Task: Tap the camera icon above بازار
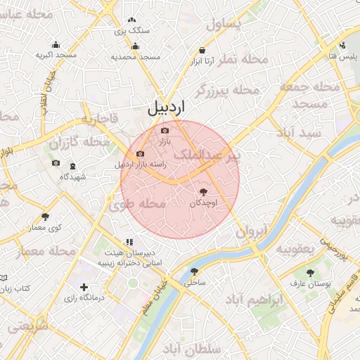tap(165, 130)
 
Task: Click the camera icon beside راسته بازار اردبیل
tap(140, 154)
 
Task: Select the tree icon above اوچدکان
tap(203, 191)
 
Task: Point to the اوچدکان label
tap(203, 202)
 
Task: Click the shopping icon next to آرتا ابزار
tap(202, 51)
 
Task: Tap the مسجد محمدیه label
tap(136, 56)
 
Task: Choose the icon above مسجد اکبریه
tap(55, 44)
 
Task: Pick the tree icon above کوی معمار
tap(46, 217)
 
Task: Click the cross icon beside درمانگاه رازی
tap(84, 287)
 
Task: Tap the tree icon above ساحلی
tap(194, 271)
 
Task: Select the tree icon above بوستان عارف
tap(310, 272)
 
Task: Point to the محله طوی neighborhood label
tap(137, 205)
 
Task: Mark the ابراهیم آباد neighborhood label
tap(255, 300)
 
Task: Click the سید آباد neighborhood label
tap(299, 132)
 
